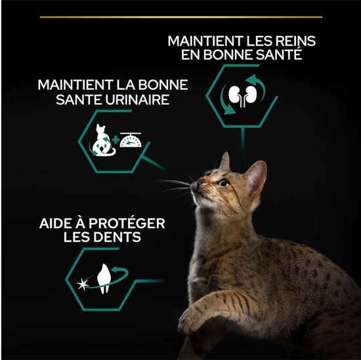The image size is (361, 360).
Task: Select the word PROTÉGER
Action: (x=128, y=223)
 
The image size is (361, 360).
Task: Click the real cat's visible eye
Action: (x=224, y=182)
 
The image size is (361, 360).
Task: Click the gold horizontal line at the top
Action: (x=180, y=16)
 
